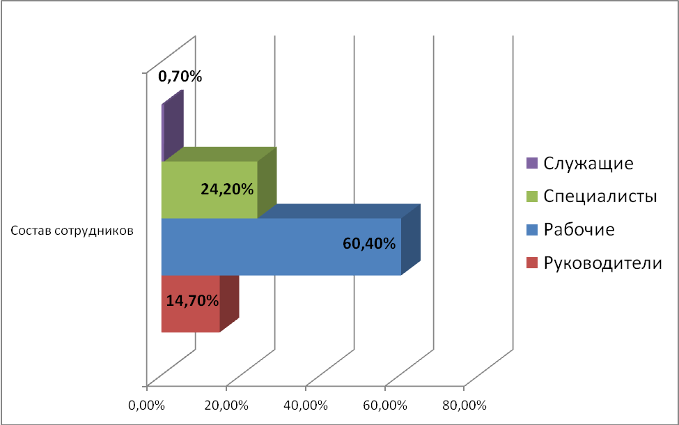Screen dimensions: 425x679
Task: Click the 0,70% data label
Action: click(x=180, y=77)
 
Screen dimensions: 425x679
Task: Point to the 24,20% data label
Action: click(x=226, y=189)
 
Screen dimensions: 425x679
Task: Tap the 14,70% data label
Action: click(x=192, y=301)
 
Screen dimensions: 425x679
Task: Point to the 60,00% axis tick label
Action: click(x=385, y=405)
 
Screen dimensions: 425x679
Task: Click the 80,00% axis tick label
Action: click(x=464, y=405)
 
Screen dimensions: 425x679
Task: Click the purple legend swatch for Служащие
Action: click(x=533, y=164)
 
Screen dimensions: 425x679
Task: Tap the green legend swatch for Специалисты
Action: click(x=533, y=196)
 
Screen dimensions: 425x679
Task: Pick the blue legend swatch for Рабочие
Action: click(x=533, y=229)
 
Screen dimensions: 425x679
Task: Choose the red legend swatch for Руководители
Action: click(x=533, y=263)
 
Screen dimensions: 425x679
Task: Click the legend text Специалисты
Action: click(x=600, y=197)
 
